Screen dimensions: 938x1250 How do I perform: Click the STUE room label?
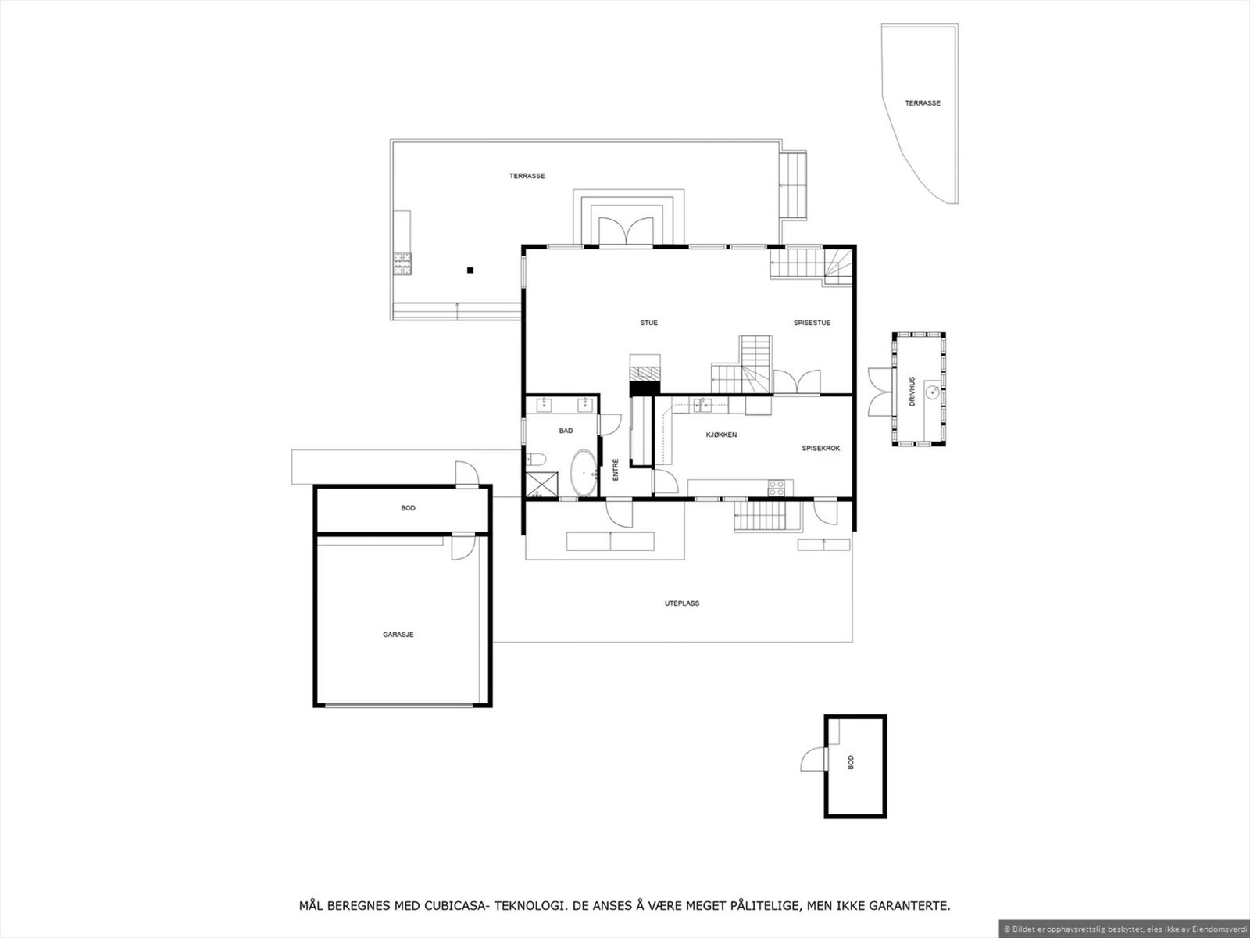click(648, 323)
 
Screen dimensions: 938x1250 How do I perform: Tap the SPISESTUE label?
click(812, 323)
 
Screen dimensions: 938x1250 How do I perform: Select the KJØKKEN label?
click(721, 435)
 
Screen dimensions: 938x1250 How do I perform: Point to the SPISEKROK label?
click(820, 449)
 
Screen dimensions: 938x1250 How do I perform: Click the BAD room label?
click(566, 431)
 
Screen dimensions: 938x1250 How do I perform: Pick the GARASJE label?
click(398, 635)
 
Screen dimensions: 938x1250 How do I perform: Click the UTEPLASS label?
click(681, 603)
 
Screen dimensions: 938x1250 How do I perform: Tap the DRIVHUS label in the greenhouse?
click(912, 391)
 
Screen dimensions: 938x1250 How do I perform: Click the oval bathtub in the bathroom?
click(582, 473)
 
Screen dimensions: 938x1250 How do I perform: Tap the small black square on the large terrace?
click(470, 270)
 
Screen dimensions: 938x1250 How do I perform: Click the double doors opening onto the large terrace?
click(625, 232)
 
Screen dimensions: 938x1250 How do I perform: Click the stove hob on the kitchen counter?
click(777, 488)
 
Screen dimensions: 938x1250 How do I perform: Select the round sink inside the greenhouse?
click(932, 391)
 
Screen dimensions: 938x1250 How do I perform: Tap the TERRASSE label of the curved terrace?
click(923, 103)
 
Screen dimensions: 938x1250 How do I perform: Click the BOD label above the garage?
click(408, 508)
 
